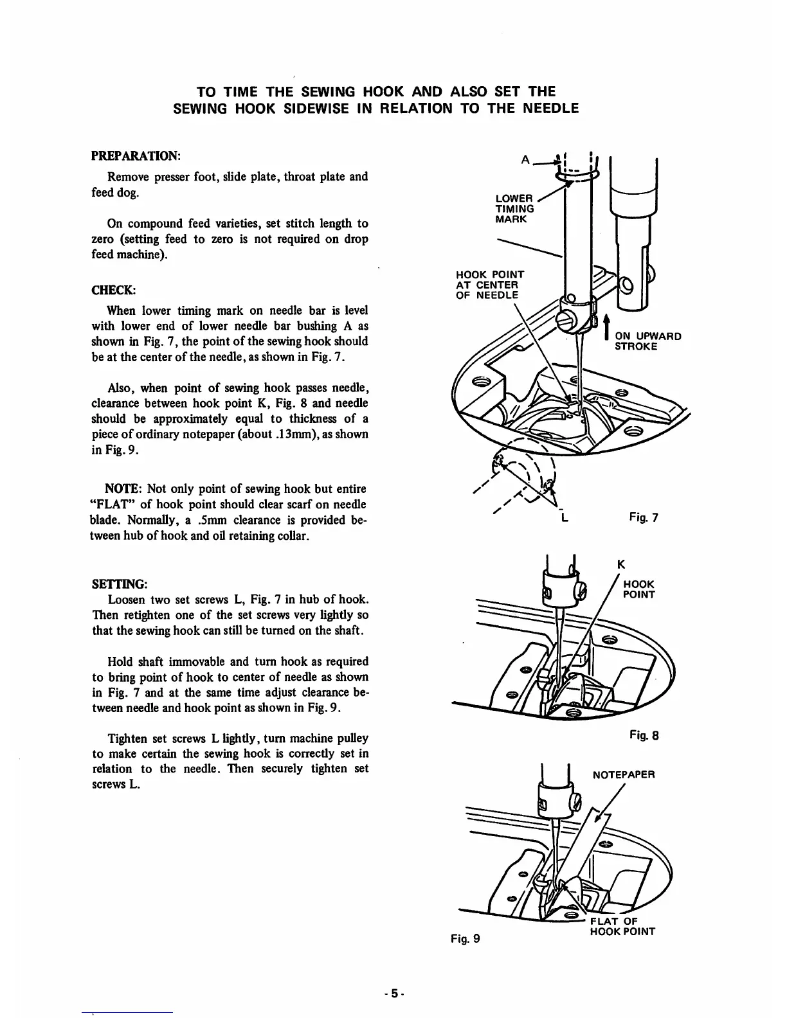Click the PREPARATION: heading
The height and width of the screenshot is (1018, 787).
tap(136, 156)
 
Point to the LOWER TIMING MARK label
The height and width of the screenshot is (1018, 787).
tap(514, 209)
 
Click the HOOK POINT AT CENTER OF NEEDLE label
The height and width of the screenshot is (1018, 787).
tap(490, 285)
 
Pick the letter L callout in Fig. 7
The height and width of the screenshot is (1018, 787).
tap(563, 517)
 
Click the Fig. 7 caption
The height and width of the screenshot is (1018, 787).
tap(644, 517)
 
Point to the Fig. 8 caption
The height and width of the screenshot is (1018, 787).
tap(644, 735)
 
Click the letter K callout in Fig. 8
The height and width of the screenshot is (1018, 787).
tap(620, 565)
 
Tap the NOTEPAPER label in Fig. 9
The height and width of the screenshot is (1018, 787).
tap(623, 775)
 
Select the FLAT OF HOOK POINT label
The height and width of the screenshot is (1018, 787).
tap(622, 925)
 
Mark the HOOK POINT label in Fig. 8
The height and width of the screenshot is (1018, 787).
tap(639, 589)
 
